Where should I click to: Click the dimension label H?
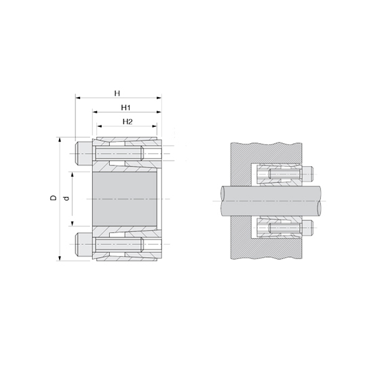coord(117,92)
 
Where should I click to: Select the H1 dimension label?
coord(125,107)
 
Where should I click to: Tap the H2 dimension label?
coord(127,121)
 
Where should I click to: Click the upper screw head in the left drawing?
coord(81,154)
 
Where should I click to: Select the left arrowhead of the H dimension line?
coord(77,99)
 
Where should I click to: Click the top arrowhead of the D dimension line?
coord(60,140)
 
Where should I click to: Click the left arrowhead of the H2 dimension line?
coord(98,127)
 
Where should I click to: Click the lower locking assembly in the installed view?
coord(278,225)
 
